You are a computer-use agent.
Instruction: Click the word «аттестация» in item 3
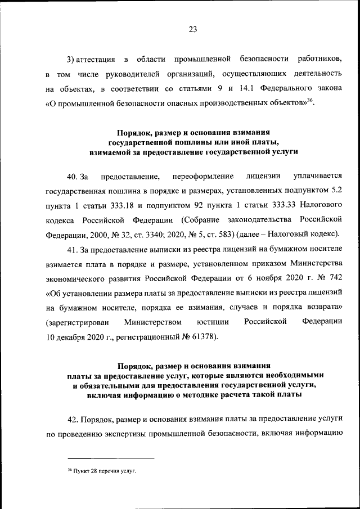tap(96, 60)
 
